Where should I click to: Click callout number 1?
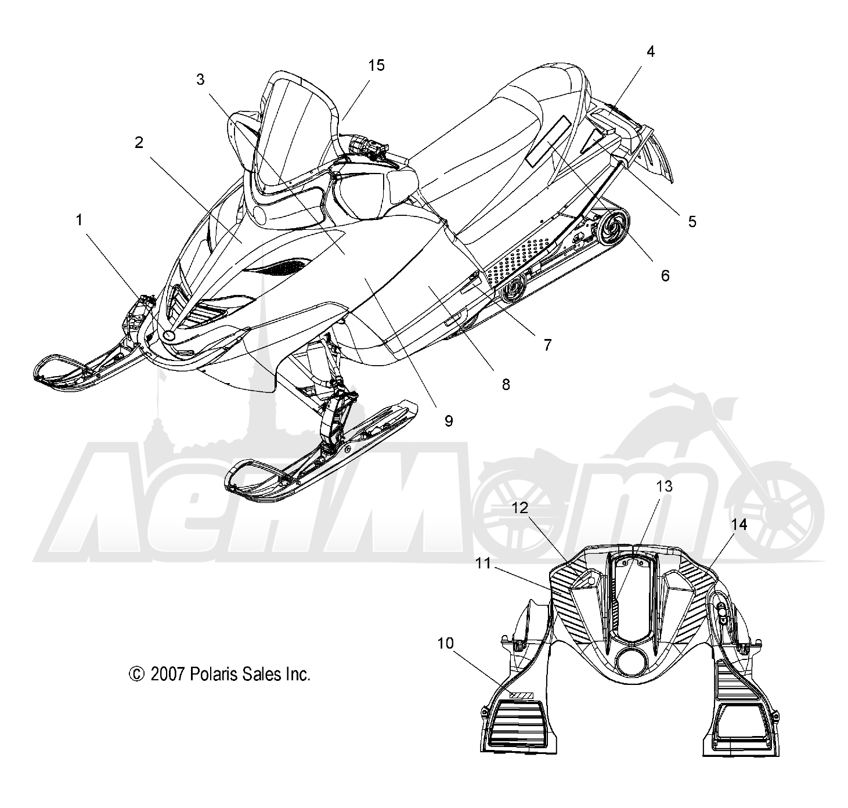point(79,221)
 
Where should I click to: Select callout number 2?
point(139,143)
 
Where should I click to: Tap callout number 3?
point(200,80)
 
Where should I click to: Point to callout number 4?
point(651,52)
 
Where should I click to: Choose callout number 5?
point(692,222)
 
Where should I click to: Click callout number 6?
point(665,276)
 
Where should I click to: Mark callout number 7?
point(547,345)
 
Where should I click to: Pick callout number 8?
point(506,384)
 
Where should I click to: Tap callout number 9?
point(449,421)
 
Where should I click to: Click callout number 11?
point(483,563)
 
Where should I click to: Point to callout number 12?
point(519,508)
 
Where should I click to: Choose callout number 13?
point(664,486)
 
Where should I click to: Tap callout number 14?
point(738,525)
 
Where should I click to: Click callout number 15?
point(376,66)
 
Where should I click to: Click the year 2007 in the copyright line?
point(168,674)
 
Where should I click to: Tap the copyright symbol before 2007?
point(136,674)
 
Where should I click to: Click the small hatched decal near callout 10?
point(521,695)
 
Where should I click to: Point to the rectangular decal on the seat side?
point(548,141)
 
